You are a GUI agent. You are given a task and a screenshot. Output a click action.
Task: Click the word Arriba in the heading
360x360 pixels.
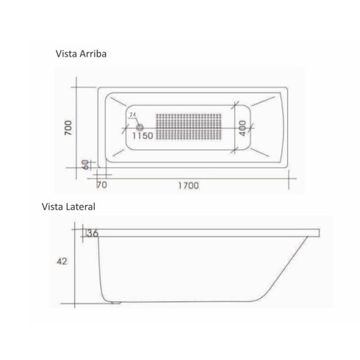93,54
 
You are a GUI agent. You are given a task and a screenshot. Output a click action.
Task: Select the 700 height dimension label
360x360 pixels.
68,128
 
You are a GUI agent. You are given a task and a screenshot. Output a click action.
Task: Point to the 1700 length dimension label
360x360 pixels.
188,186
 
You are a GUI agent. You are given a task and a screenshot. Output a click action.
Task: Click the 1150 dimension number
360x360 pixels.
143,136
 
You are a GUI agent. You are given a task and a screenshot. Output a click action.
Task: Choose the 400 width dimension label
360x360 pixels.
242,128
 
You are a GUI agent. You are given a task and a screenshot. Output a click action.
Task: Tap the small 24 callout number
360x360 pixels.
133,115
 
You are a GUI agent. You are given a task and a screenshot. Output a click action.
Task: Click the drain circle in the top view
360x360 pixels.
140,127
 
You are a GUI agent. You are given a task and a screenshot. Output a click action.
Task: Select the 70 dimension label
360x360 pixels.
101,185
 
